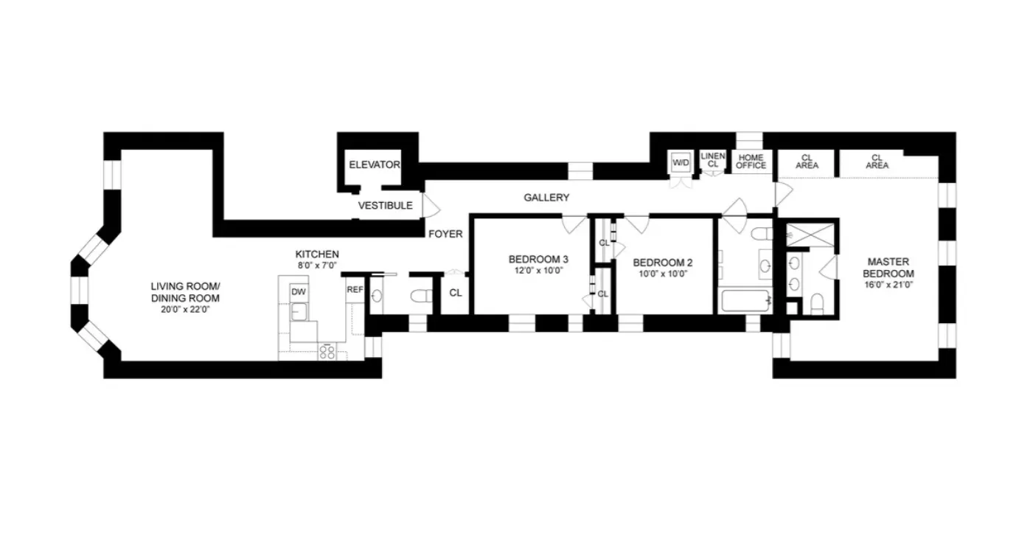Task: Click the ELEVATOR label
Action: pos(374,164)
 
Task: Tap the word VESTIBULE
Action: pos(385,206)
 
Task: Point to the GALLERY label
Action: pos(546,198)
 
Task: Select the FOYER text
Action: pos(445,235)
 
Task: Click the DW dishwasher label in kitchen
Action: pos(298,291)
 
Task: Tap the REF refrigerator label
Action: pos(355,289)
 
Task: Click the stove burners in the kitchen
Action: pos(327,353)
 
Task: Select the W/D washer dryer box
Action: pos(679,162)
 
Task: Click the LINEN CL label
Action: pos(713,160)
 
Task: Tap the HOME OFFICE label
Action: pos(751,162)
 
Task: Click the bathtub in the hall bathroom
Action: pos(745,301)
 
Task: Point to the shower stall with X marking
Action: pos(810,235)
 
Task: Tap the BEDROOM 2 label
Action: pos(662,262)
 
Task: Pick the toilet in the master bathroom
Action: pos(817,302)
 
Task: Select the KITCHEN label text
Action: pos(318,254)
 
